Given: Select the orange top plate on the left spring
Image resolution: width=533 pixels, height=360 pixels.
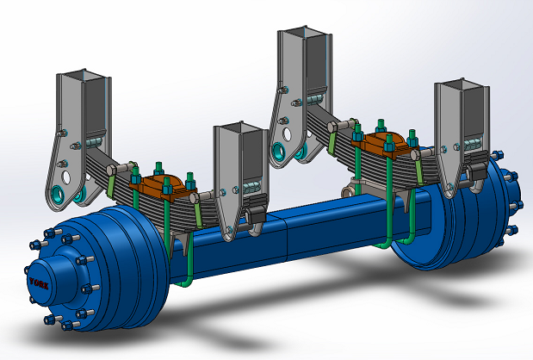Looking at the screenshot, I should click(x=164, y=183).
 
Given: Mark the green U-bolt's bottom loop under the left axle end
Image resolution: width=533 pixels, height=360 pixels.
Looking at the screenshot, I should click(x=183, y=280).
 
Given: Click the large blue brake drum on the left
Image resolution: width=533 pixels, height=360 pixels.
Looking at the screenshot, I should click(x=112, y=258).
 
